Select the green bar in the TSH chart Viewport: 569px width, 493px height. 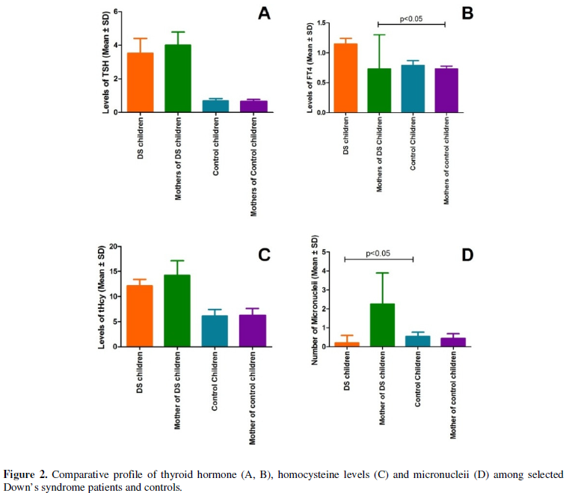click(x=178, y=79)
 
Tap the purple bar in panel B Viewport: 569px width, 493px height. click(x=445, y=90)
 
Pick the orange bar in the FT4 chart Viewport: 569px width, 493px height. click(x=345, y=78)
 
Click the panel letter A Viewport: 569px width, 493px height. click(x=263, y=14)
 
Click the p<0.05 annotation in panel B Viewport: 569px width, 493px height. click(x=410, y=19)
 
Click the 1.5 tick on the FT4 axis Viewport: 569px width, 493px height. click(x=321, y=23)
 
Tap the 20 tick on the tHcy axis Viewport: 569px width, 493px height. click(x=114, y=247)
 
